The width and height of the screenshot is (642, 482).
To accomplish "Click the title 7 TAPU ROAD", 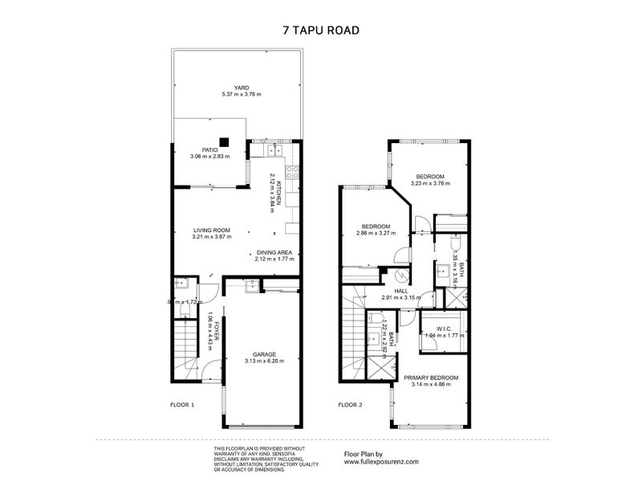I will (320, 31).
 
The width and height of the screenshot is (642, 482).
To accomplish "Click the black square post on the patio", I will (226, 143).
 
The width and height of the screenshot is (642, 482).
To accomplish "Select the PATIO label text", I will (210, 149).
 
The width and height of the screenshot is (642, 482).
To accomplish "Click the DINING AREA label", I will (274, 252).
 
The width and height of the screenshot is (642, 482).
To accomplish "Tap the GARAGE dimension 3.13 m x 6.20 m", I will (265, 361).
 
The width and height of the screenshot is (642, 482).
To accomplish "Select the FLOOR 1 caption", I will (182, 405).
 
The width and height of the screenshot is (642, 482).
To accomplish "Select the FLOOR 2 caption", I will (350, 405).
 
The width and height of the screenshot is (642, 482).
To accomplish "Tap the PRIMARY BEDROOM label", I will (431, 378).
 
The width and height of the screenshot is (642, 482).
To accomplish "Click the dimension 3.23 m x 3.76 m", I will (430, 183).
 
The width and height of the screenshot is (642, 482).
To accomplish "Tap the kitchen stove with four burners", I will (289, 171).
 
